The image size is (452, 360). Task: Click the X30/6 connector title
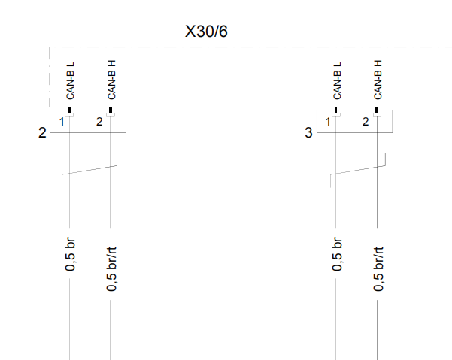pos(206,31)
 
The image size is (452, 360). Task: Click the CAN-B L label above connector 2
pos(71,80)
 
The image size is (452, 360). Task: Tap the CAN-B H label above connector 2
pos(111,80)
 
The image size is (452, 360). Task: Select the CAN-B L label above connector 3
pos(337,80)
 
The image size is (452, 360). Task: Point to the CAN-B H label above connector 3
pos(378,80)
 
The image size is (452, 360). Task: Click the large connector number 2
pos(42,133)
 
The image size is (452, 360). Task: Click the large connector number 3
pos(308,133)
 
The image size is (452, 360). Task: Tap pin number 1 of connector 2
pos(62,122)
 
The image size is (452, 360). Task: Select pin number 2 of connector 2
pos(99,122)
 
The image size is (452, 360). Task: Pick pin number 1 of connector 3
pos(328,122)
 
